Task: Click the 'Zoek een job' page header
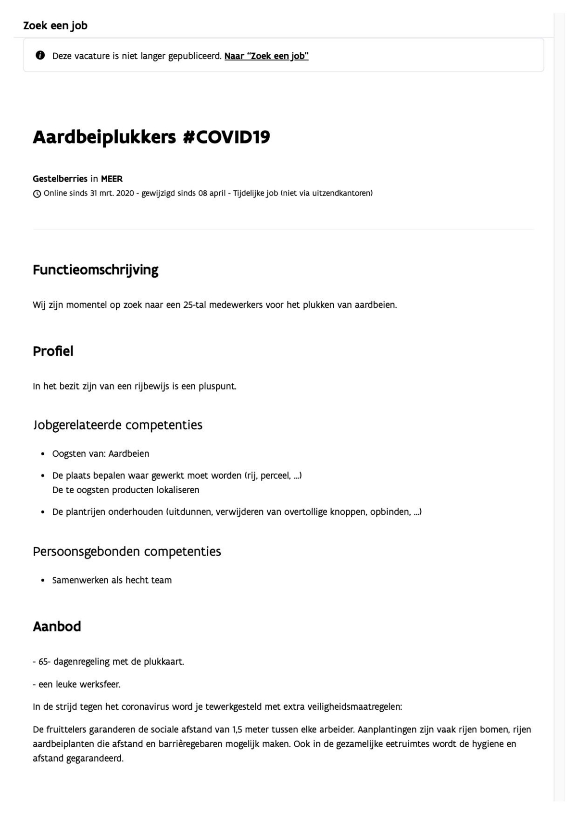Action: (x=55, y=25)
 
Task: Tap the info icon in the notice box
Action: (x=40, y=55)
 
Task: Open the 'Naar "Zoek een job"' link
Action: (x=266, y=56)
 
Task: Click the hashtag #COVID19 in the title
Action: (x=226, y=137)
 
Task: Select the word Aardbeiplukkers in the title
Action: (x=104, y=137)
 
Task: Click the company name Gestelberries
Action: (x=60, y=179)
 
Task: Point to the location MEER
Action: (x=112, y=179)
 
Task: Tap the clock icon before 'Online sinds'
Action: (x=37, y=194)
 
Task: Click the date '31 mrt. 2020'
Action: (x=112, y=193)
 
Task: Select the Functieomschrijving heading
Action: (x=95, y=270)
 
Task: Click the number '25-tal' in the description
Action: (x=195, y=304)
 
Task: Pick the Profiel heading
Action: (x=53, y=351)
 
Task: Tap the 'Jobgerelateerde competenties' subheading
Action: (x=118, y=425)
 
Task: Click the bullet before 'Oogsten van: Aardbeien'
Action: (x=43, y=454)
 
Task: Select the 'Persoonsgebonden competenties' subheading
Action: (x=127, y=551)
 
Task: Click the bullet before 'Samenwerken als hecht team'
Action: (x=43, y=581)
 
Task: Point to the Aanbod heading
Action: (x=57, y=626)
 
